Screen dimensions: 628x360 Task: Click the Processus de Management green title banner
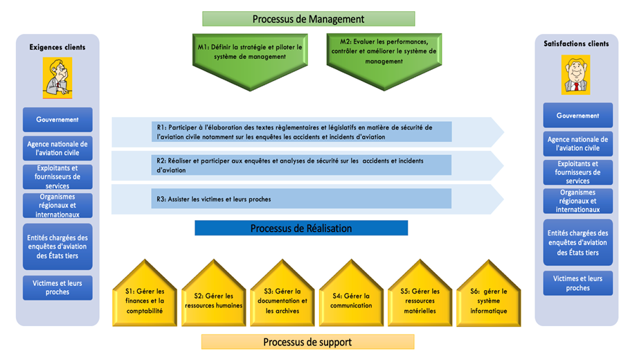pyautogui.click(x=308, y=19)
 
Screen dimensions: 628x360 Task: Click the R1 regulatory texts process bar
pyautogui.click(x=302, y=132)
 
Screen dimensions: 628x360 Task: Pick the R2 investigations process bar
pyautogui.click(x=301, y=165)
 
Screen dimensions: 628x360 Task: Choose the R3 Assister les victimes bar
pyautogui.click(x=301, y=199)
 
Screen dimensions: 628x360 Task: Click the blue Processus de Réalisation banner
pyautogui.click(x=301, y=228)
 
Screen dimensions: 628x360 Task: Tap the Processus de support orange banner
pyautogui.click(x=307, y=342)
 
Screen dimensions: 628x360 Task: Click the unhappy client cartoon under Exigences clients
pyautogui.click(x=57, y=78)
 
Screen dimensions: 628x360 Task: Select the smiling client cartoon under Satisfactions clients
pyautogui.click(x=575, y=75)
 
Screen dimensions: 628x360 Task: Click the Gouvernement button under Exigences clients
pyautogui.click(x=57, y=119)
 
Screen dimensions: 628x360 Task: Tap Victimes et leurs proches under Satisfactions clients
pyautogui.click(x=578, y=283)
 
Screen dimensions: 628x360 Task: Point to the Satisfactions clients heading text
pyautogui.click(x=576, y=44)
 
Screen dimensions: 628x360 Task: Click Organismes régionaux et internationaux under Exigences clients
pyautogui.click(x=57, y=206)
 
